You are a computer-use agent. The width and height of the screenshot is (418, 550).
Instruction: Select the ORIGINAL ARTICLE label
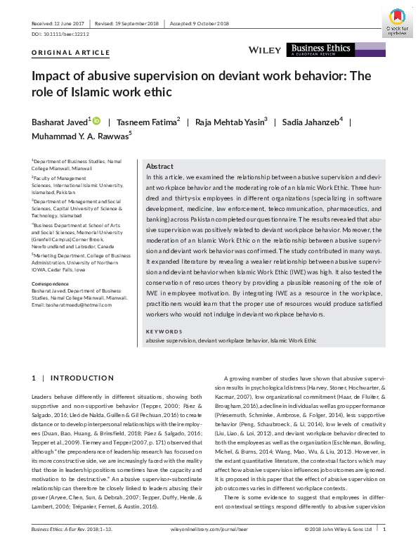[71, 53]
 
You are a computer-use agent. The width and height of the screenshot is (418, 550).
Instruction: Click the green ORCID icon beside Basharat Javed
[97, 121]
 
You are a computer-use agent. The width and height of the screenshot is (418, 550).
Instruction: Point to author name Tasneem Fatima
[147, 122]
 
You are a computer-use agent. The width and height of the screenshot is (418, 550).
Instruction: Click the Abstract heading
[159, 166]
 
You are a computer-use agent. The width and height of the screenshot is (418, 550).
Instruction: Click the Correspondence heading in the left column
[51, 283]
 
